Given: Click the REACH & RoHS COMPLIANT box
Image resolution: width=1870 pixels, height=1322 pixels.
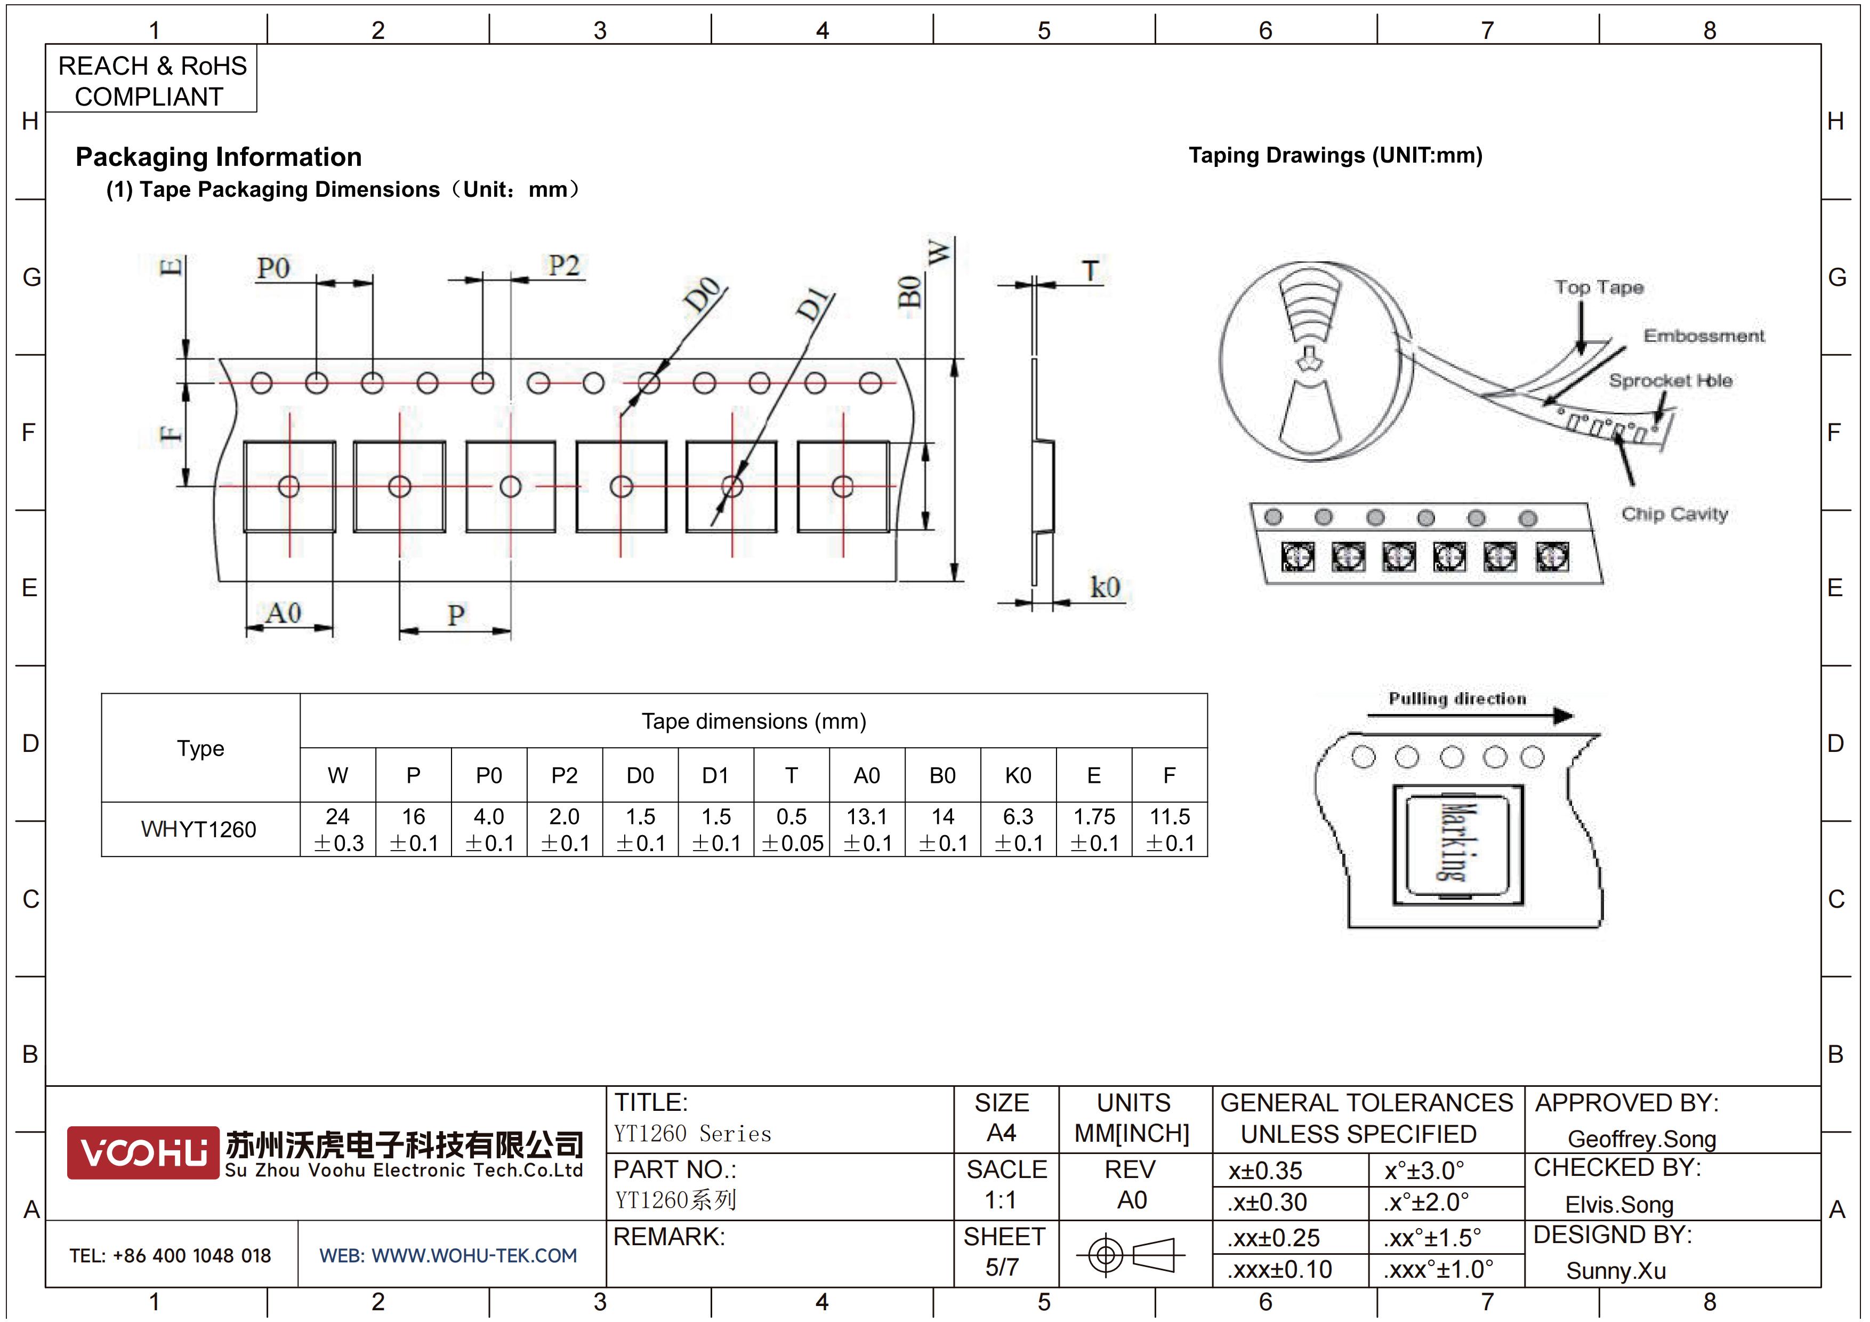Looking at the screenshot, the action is (x=151, y=79).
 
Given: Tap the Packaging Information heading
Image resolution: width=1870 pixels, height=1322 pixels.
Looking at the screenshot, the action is (x=218, y=156).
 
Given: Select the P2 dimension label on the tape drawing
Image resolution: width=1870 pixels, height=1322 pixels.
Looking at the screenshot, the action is (x=563, y=266).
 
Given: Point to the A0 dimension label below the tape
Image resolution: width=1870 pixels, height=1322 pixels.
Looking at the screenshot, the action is (x=284, y=613).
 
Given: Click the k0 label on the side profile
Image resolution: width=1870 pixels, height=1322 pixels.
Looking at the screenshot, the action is (x=1105, y=587).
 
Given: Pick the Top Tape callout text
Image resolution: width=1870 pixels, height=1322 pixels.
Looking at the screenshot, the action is (x=1599, y=287).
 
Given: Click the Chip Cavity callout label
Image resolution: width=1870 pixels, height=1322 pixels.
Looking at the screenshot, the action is (x=1674, y=514).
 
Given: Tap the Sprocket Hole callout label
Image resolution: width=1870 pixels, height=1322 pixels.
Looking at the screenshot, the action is (x=1671, y=380).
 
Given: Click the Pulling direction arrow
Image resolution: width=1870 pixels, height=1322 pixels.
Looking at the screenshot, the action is (x=1470, y=716).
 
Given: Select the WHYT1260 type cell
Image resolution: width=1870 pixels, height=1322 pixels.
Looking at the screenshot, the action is (x=199, y=829).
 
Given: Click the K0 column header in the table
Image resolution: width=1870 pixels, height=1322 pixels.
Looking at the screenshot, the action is (x=1018, y=775).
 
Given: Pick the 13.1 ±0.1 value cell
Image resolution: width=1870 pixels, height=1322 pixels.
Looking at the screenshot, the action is (x=867, y=829).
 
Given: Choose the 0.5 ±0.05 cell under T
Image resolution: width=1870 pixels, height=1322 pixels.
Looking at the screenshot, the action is (x=792, y=829).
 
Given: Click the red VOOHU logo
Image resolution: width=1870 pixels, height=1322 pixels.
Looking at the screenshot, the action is (x=143, y=1152).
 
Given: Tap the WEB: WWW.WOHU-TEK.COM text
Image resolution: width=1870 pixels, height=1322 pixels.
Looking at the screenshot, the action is (x=448, y=1255).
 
